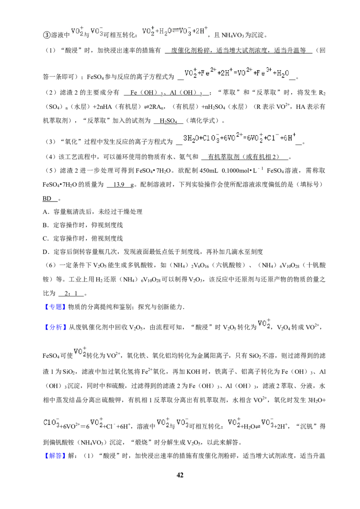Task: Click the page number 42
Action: pos(180,475)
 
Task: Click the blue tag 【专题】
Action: pos(54,307)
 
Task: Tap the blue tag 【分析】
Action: pos(55,327)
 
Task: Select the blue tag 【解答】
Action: pos(54,456)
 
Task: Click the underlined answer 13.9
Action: pos(119,184)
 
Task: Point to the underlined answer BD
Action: pos(47,198)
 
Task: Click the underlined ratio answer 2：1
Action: pos(71,294)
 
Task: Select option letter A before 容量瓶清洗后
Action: pos(45,212)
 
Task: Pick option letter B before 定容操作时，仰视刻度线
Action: pos(45,225)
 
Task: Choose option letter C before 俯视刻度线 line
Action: pos(45,239)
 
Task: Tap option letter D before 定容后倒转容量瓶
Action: pos(45,252)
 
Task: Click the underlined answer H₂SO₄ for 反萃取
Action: pos(168,121)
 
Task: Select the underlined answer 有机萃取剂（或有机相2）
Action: pos(244,157)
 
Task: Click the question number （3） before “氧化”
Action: pos(51,142)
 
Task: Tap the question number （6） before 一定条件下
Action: pos(51,265)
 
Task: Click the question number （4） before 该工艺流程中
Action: pos(51,157)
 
